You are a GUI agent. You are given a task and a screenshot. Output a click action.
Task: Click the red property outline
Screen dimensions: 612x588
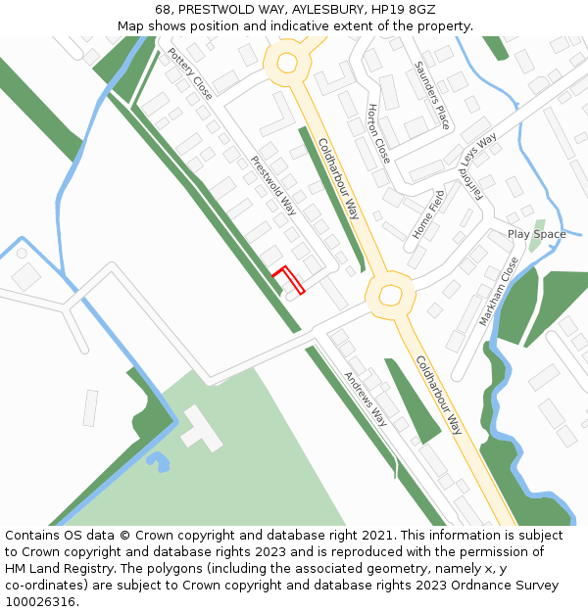point(289,279)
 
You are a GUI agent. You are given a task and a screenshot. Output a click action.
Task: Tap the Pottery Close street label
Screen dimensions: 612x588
point(190,74)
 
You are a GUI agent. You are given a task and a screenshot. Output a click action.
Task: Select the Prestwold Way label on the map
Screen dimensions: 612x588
point(273,185)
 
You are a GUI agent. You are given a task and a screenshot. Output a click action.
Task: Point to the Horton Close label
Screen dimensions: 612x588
point(378,134)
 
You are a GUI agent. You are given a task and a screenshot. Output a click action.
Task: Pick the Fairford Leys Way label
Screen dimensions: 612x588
point(478,166)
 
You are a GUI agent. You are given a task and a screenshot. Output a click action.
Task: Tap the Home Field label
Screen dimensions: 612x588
point(429,214)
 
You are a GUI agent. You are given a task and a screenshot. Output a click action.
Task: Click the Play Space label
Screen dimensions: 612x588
point(536,234)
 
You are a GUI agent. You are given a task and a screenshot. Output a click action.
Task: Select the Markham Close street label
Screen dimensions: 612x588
point(499,292)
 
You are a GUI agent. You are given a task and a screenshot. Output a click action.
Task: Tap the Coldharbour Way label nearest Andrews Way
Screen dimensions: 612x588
point(438,395)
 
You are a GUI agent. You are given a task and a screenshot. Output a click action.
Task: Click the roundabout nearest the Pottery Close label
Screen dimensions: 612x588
point(287,64)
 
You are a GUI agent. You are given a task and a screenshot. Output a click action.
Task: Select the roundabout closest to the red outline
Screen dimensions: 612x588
point(390,295)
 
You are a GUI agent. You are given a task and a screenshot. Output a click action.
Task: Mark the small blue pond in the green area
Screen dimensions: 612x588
point(157,459)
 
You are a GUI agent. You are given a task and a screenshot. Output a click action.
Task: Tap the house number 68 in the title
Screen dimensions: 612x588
point(164,10)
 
